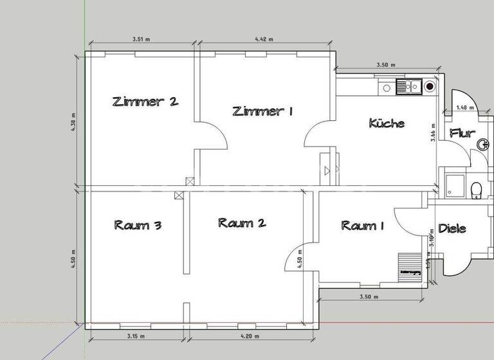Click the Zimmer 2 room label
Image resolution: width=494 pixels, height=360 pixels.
click(x=145, y=101)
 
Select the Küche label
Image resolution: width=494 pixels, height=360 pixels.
click(x=387, y=122)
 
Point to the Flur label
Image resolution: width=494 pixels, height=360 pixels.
click(x=462, y=133)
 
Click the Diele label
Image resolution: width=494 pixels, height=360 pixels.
click(x=452, y=228)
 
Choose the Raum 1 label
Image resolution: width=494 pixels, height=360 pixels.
click(x=363, y=225)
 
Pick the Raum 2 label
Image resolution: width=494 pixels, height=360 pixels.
click(x=242, y=223)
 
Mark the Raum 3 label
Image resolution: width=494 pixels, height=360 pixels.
click(x=138, y=225)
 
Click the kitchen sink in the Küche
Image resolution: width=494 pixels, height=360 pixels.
click(x=409, y=85)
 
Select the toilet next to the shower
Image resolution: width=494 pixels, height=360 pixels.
click(x=476, y=190)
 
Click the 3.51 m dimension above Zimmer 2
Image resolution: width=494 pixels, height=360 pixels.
click(x=141, y=39)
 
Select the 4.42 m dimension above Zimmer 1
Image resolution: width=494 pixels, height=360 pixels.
click(x=264, y=39)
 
